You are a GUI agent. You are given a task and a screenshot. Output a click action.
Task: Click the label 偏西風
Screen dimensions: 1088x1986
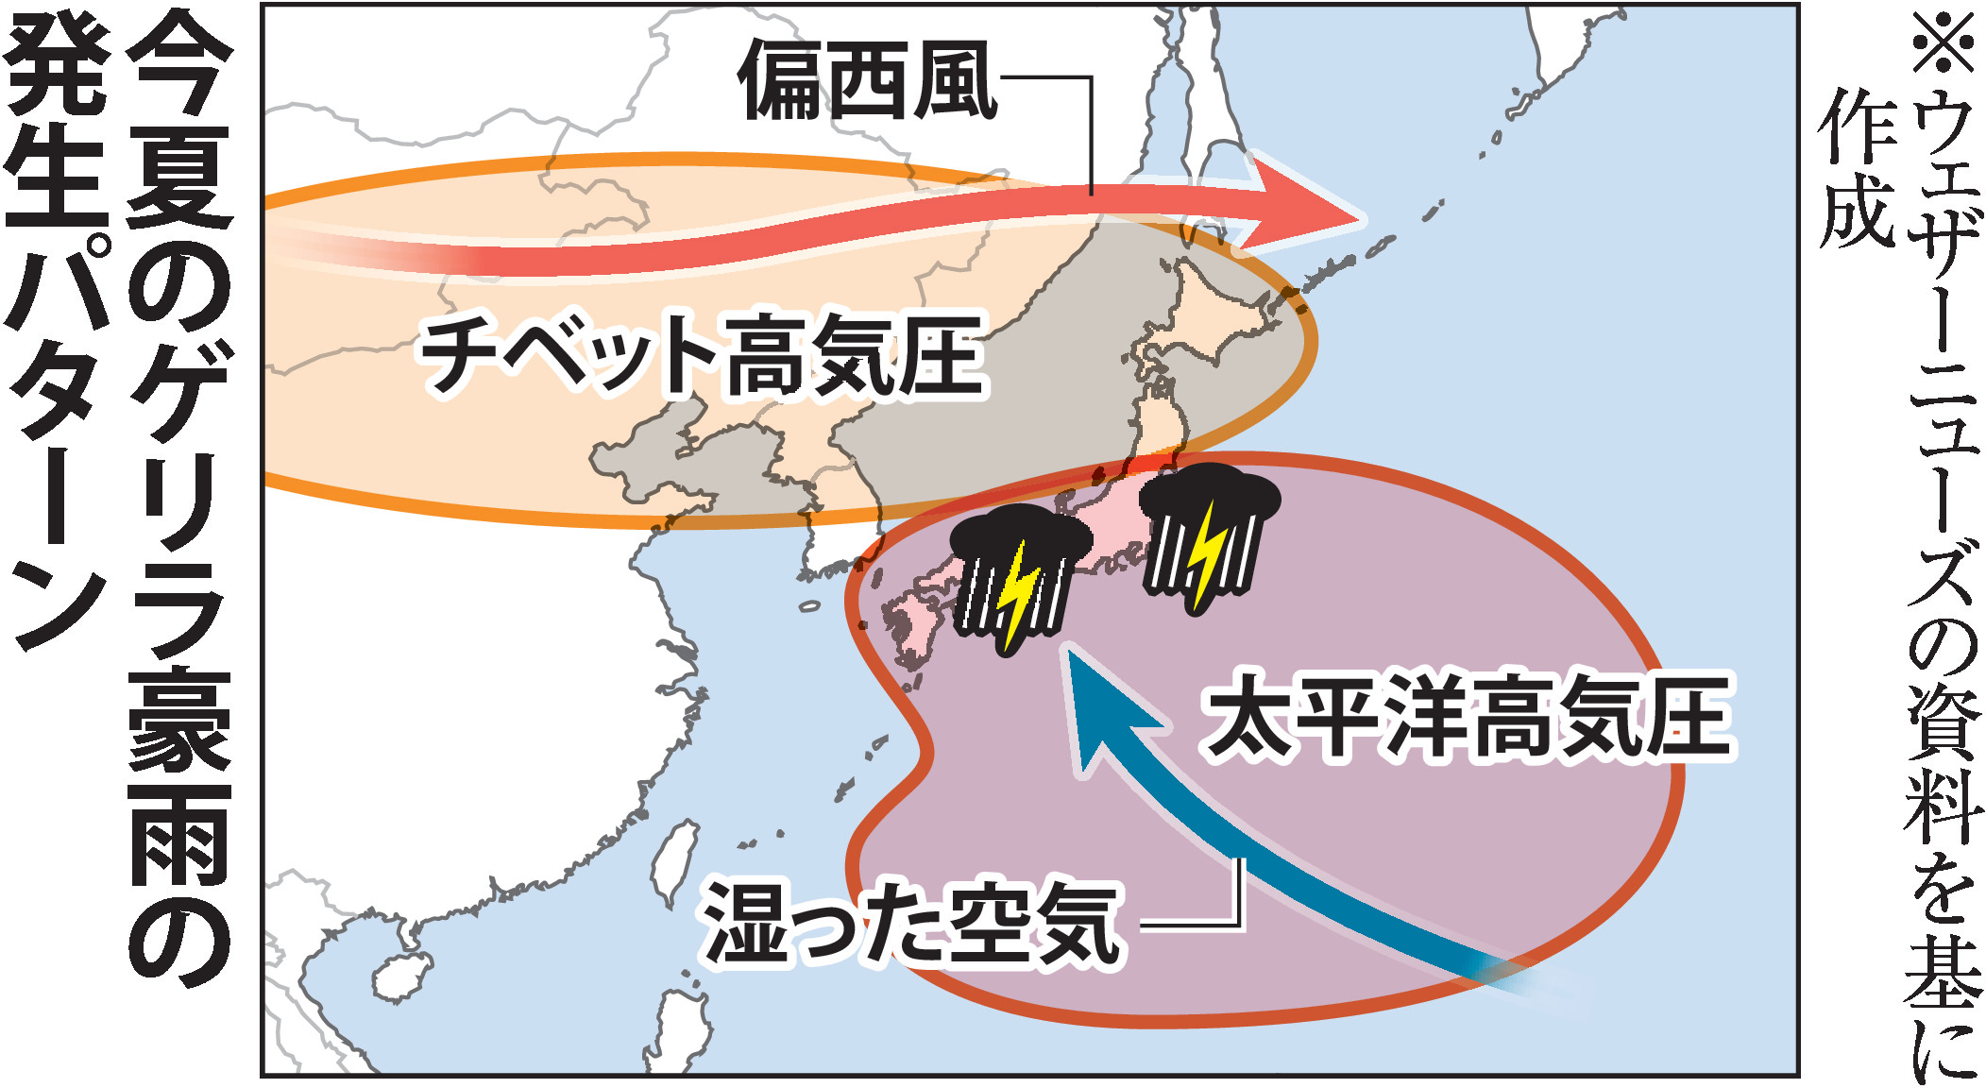pyautogui.click(x=867, y=81)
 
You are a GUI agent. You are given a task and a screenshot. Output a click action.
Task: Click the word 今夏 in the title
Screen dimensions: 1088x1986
pyautogui.click(x=179, y=123)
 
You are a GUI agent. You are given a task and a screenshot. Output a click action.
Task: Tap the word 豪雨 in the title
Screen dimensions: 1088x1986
pyautogui.click(x=179, y=774)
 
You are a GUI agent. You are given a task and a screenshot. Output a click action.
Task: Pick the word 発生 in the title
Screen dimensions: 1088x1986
pyautogui.click(x=57, y=123)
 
